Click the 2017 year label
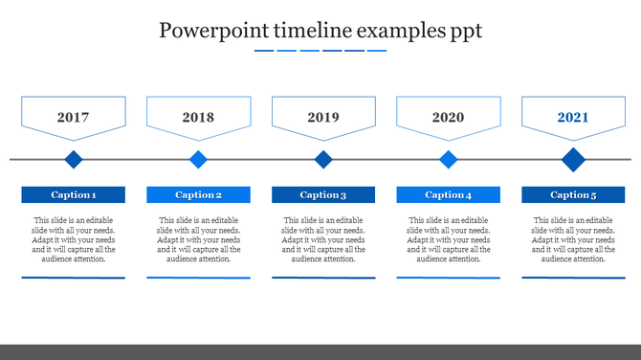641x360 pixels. click(x=74, y=118)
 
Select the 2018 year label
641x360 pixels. click(x=198, y=118)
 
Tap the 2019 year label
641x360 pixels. click(x=323, y=118)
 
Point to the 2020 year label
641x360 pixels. click(x=448, y=118)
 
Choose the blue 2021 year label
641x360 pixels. click(x=573, y=118)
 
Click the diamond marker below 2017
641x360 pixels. click(x=74, y=159)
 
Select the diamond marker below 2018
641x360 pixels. click(x=198, y=159)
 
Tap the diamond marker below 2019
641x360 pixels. click(x=323, y=159)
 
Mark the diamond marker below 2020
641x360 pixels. click(x=448, y=159)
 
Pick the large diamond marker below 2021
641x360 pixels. click(x=573, y=159)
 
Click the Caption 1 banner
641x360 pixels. click(x=74, y=194)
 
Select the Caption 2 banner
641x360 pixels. click(x=198, y=194)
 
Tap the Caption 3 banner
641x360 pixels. click(x=323, y=194)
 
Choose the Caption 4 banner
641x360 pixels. click(x=448, y=194)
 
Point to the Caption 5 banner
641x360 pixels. click(x=573, y=194)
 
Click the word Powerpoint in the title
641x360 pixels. click(x=213, y=31)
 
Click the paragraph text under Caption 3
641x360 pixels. click(x=323, y=239)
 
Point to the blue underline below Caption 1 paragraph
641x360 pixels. click(x=74, y=278)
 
